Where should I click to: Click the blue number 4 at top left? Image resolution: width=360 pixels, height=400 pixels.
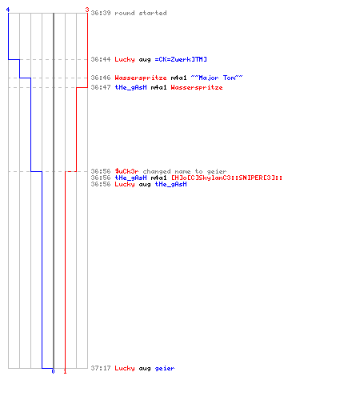coord(8,10)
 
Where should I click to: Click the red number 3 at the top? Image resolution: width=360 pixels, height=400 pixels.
coord(87,10)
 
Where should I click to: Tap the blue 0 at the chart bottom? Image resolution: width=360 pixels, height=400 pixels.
coord(53,371)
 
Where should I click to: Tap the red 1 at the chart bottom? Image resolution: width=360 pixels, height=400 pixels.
coord(65,371)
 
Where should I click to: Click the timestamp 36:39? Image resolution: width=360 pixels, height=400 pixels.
coord(101,13)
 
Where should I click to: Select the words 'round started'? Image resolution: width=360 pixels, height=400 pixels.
coord(141,13)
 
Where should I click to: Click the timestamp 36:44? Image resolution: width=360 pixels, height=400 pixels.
coord(101,59)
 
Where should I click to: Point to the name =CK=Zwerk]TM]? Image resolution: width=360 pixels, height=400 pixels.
coord(181,59)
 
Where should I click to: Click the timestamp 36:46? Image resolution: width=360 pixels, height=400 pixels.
coord(101,78)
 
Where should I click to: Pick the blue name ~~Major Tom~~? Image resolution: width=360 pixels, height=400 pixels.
coord(217,78)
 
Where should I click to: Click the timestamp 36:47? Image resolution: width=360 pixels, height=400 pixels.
coord(101,87)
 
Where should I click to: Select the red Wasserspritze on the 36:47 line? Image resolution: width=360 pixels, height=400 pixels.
coord(197,87)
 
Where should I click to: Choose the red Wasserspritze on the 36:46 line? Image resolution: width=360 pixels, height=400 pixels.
coord(141,78)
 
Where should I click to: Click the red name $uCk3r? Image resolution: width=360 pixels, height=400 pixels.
coord(126,171)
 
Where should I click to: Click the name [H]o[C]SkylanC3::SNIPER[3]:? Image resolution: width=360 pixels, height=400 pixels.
coord(226,178)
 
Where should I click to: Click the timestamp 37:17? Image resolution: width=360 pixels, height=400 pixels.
coord(101,368)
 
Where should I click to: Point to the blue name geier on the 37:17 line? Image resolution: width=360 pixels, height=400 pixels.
coord(165,368)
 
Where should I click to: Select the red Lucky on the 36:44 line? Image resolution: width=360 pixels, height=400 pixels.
coord(125,59)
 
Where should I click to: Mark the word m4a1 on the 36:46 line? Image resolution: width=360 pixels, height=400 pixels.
coord(178,78)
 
